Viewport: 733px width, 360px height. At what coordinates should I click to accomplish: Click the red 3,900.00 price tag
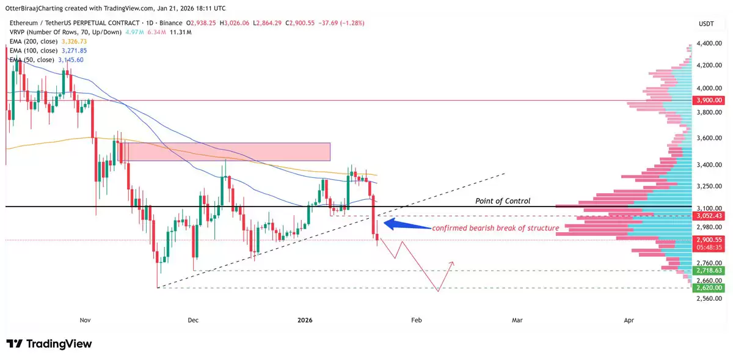(709, 100)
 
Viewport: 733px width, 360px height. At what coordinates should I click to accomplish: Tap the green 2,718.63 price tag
(709, 270)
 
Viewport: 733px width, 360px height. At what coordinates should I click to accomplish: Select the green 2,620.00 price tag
(709, 287)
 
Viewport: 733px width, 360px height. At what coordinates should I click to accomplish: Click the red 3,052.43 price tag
(709, 216)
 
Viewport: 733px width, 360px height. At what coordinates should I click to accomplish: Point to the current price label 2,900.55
(709, 240)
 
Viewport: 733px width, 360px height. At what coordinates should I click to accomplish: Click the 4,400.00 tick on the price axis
(709, 43)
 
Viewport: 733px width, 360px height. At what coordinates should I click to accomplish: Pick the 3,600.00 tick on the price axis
(709, 138)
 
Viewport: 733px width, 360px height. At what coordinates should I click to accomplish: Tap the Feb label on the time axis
(416, 320)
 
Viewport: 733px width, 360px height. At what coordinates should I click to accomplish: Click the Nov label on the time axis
(85, 320)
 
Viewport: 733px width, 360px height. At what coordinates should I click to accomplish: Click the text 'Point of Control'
(503, 201)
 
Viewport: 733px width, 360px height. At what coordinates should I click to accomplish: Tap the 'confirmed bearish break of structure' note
(495, 228)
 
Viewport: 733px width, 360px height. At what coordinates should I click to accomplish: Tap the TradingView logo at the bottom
(49, 344)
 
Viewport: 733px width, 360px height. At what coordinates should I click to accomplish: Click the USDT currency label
(706, 23)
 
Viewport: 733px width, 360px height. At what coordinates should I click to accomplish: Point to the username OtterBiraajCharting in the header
(35, 9)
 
